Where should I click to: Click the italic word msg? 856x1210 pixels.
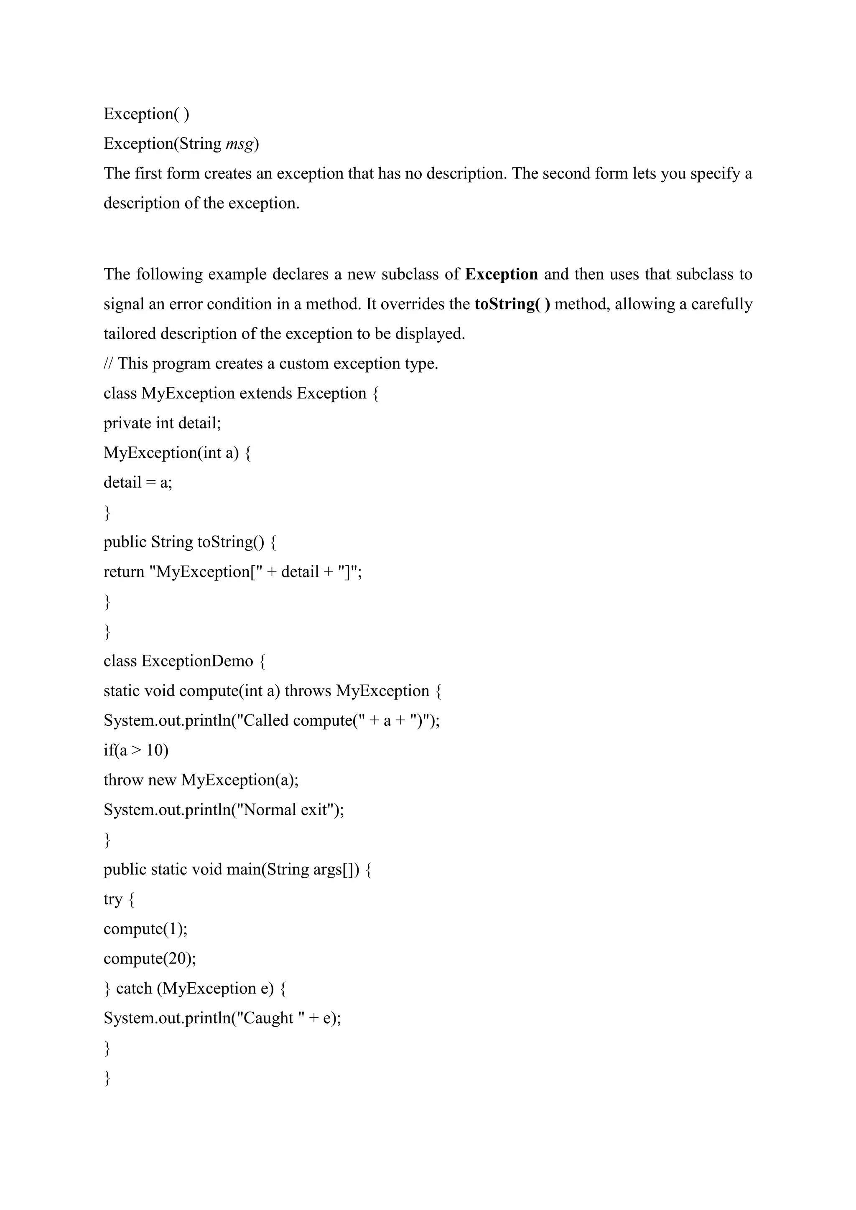240,144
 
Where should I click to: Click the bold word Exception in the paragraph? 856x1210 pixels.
501,274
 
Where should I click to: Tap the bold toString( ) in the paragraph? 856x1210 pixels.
512,304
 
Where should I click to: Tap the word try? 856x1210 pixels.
113,899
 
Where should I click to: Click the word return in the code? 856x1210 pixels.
124,572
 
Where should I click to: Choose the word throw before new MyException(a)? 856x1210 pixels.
123,780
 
